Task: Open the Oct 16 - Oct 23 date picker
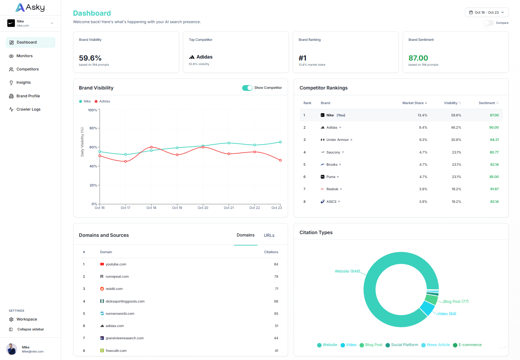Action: coord(486,12)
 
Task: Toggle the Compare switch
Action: coord(488,23)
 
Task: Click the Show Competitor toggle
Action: coord(247,88)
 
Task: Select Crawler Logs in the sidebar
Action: coord(28,109)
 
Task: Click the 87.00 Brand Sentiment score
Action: coord(418,58)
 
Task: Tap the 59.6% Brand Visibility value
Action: coord(90,58)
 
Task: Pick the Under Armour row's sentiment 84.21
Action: coord(494,140)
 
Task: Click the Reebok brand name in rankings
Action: coord(332,189)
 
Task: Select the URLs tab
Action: coord(269,235)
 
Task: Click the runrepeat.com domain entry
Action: coord(117,277)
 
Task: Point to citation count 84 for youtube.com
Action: coord(276,264)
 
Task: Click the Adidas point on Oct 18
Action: coord(151,147)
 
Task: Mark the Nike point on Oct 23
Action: coord(280,142)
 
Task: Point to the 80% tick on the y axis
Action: coord(93,128)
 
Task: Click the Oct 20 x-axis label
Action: coord(203,208)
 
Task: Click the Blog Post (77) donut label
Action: coord(456,301)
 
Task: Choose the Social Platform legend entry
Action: coord(404,345)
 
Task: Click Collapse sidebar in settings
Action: coord(31,329)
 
